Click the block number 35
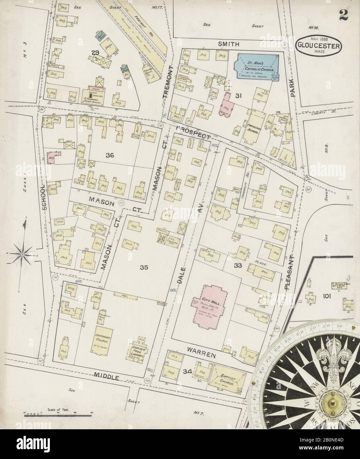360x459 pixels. [x=144, y=267]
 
